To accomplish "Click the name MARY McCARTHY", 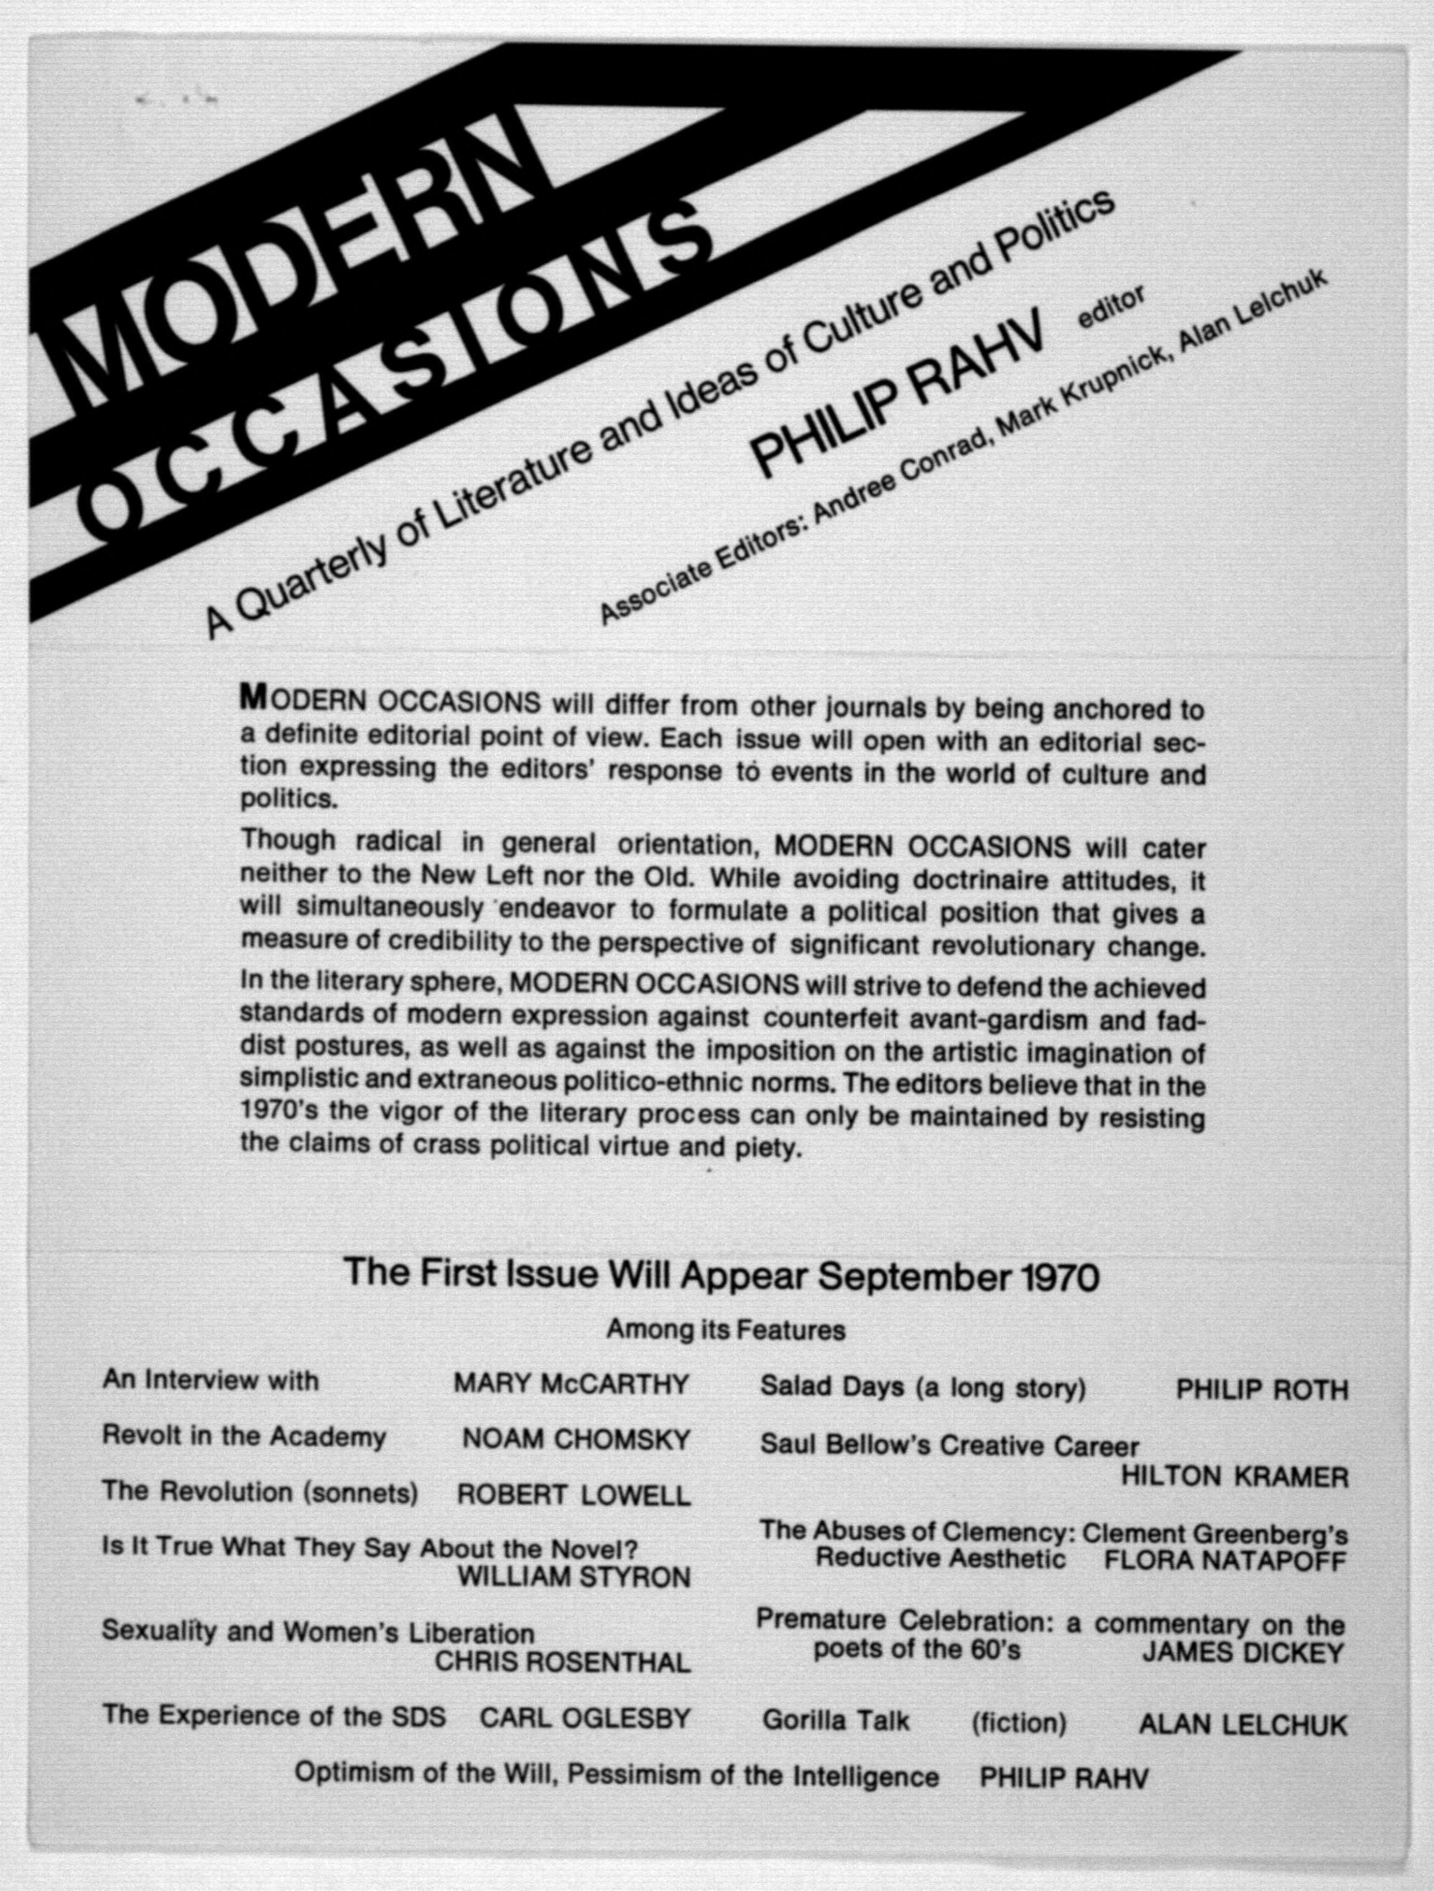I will (571, 1383).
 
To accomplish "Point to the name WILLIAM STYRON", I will (574, 1576).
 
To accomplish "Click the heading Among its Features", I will (726, 1330).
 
